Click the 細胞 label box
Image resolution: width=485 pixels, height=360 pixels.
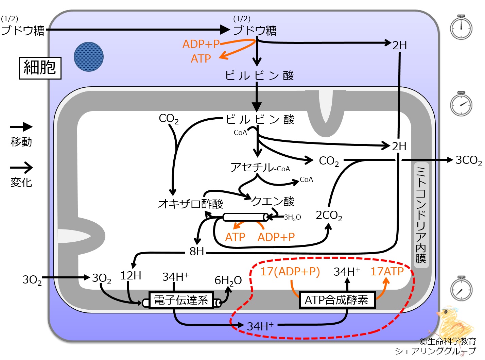point(40,68)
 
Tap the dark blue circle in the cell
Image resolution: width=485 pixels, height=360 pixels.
point(89,57)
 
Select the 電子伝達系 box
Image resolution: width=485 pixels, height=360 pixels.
point(181,300)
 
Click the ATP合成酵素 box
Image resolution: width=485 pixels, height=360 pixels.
point(337,299)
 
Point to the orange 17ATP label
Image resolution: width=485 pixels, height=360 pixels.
point(387,271)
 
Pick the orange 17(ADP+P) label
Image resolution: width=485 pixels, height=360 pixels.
point(290,272)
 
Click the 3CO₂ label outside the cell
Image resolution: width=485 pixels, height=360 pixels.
point(469,160)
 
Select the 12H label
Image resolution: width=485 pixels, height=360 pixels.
point(131,275)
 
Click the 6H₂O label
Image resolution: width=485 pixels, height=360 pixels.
point(228,280)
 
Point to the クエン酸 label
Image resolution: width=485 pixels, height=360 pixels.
point(273,201)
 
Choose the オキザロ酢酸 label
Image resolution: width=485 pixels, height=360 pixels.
point(190,204)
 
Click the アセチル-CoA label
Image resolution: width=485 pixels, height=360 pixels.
point(260,168)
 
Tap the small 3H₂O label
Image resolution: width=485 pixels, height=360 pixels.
point(292,217)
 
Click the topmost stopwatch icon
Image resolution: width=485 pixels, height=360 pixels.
point(461,27)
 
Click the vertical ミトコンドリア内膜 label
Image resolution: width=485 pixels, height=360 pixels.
point(421,215)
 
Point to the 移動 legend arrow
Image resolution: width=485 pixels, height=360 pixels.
point(21,127)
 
